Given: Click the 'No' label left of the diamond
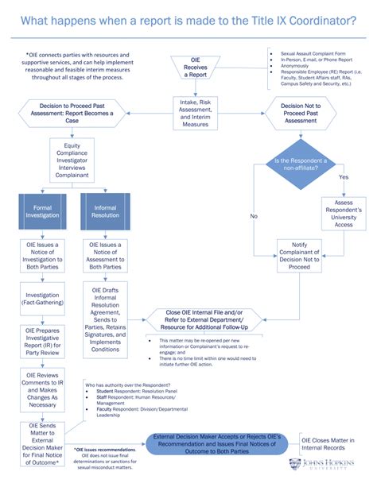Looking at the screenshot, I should pyautogui.click(x=254, y=215).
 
